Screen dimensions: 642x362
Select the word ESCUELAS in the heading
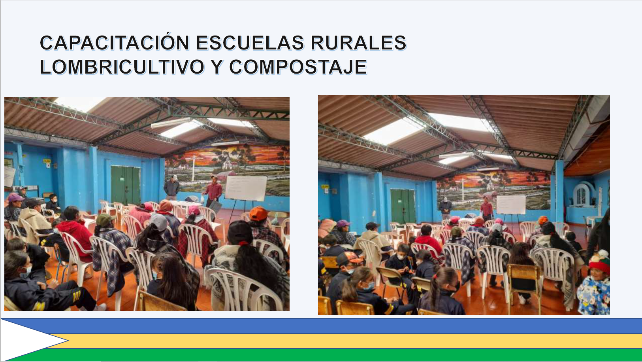point(250,43)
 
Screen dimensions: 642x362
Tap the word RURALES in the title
point(359,43)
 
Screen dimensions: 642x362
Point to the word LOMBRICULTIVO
point(122,67)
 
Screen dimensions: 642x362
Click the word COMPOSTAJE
point(298,67)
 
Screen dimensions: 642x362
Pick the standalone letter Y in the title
point(217,67)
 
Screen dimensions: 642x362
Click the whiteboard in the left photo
point(246,188)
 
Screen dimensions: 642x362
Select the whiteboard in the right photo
point(511,205)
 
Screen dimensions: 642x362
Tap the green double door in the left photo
point(126,185)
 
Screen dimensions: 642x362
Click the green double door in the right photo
point(403,206)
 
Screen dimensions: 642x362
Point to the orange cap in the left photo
point(258,214)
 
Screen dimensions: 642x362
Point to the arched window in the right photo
point(581,195)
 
